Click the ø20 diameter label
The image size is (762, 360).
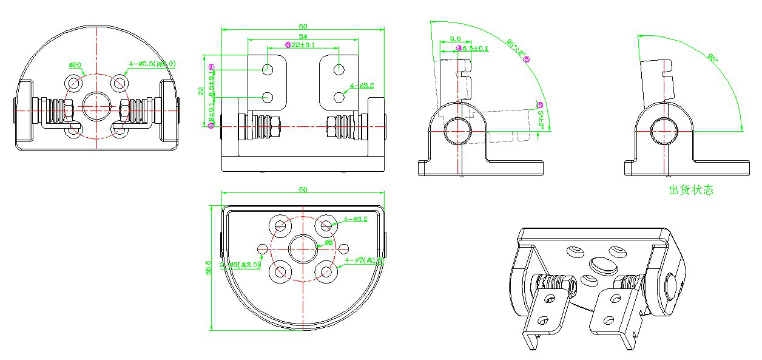click(x=75, y=65)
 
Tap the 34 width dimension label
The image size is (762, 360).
click(x=302, y=38)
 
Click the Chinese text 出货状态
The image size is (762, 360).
click(x=690, y=190)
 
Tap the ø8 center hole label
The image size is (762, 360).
click(x=329, y=242)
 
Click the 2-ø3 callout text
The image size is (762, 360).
click(x=240, y=265)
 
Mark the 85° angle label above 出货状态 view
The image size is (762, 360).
click(x=713, y=58)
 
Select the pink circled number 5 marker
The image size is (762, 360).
click(x=527, y=59)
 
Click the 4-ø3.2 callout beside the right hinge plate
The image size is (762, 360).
click(x=362, y=86)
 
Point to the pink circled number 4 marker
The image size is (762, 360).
click(x=459, y=48)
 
